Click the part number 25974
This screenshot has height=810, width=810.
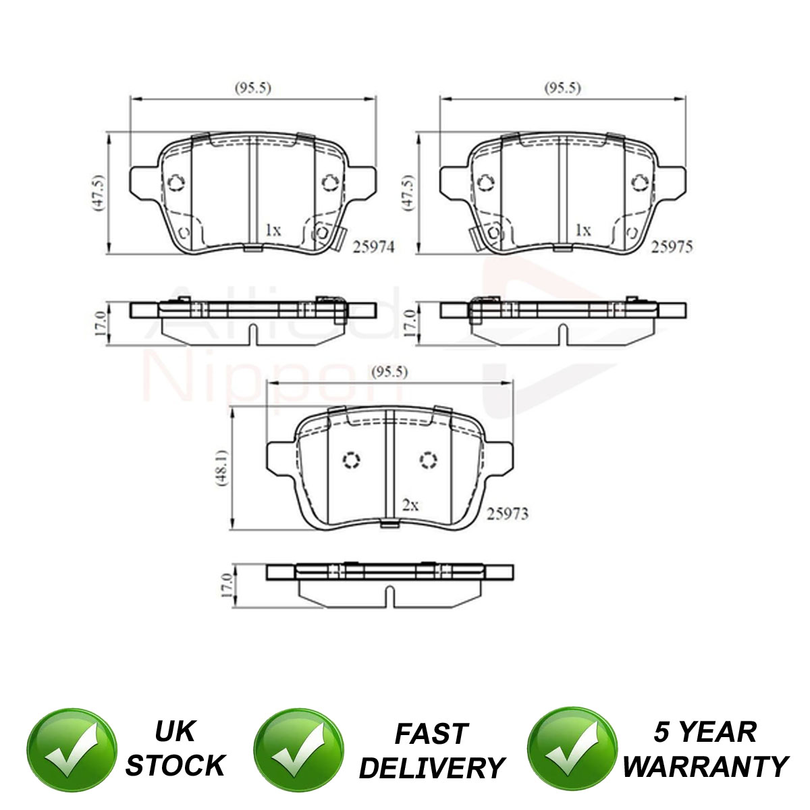pyautogui.click(x=374, y=247)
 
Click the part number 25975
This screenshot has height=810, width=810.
pyautogui.click(x=672, y=247)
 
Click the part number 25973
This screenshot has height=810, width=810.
pyautogui.click(x=508, y=514)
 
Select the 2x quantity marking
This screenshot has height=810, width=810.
pyautogui.click(x=410, y=505)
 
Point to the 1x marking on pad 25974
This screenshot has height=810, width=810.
pyautogui.click(x=273, y=230)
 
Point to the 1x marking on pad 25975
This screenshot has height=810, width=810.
pyautogui.click(x=583, y=230)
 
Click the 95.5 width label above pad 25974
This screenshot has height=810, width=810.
pyautogui.click(x=253, y=88)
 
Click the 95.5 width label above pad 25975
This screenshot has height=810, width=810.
pyautogui.click(x=563, y=88)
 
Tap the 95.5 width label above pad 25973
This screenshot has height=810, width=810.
pyautogui.click(x=389, y=371)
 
